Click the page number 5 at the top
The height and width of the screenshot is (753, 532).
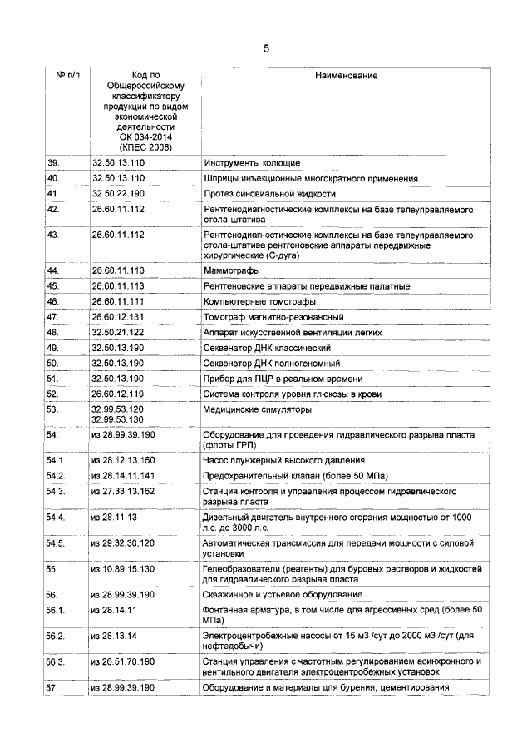point(266,48)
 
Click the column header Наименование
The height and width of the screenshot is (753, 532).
point(346,76)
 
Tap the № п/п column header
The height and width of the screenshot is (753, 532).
point(67,76)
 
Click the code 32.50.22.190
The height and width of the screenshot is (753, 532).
point(118,194)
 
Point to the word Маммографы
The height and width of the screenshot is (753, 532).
point(231,271)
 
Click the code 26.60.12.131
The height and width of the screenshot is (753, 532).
point(118,317)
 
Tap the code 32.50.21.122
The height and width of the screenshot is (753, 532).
point(118,332)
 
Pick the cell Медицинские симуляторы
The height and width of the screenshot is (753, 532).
point(257,409)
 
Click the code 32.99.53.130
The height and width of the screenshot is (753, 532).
point(118,419)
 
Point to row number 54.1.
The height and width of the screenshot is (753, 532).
point(56,460)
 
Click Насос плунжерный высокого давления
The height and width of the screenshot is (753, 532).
point(283,460)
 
